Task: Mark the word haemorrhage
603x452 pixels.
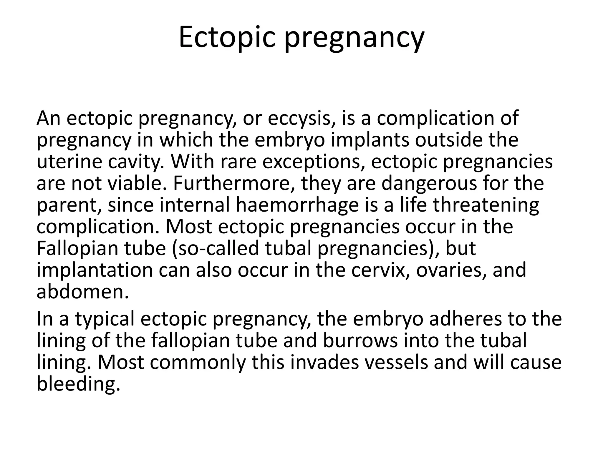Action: click(x=297, y=205)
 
